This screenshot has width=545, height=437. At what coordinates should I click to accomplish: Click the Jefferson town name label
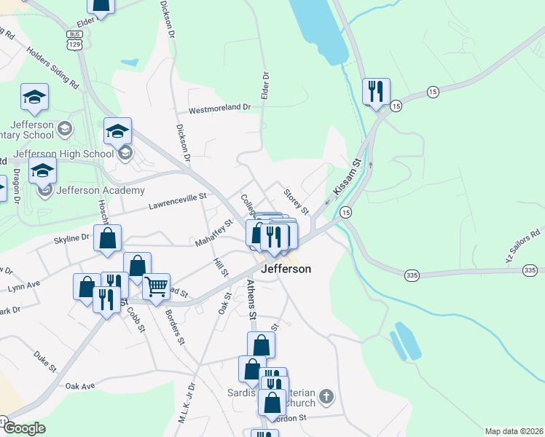click(286, 269)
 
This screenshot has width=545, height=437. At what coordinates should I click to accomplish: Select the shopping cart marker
click(156, 286)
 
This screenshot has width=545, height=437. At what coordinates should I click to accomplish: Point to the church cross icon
click(327, 397)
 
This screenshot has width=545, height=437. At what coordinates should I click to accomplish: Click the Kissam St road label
click(348, 178)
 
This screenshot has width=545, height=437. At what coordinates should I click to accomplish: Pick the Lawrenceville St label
click(179, 201)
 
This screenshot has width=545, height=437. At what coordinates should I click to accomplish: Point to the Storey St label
click(296, 200)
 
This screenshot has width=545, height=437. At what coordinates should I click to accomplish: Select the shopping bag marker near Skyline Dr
click(108, 238)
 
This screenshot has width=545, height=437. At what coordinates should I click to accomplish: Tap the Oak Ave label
click(81, 386)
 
